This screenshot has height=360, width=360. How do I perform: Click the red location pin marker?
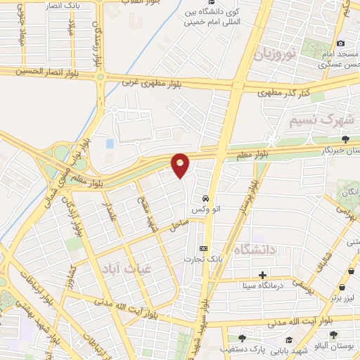[x=180, y=165]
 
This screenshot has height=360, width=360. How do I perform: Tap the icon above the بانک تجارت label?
[x=204, y=248]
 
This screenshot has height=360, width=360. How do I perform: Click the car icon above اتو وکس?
[x=205, y=198]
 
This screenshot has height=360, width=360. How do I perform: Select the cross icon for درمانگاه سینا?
[x=262, y=275]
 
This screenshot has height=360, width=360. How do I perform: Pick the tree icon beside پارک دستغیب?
[x=243, y=338]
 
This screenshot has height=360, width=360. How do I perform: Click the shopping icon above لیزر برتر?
[x=342, y=288]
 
